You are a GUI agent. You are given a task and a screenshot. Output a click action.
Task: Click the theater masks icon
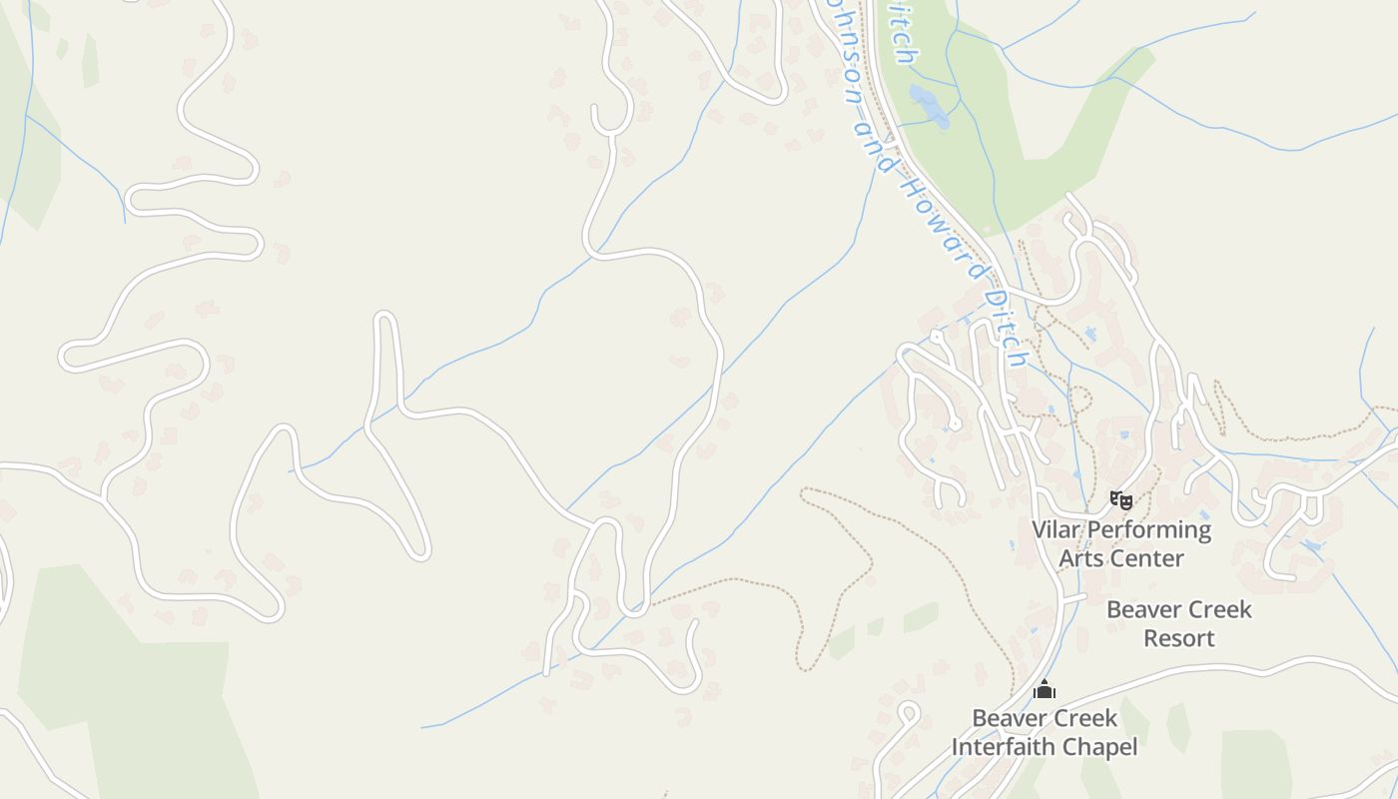pos(1121,499)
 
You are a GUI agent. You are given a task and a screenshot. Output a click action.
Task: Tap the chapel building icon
pos(1045,689)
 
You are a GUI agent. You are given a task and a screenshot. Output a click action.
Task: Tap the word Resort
pos(1179,638)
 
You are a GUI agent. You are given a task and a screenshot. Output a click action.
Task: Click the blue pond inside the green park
pos(930,106)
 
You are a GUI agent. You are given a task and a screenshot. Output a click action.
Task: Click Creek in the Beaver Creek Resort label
pos(1220,609)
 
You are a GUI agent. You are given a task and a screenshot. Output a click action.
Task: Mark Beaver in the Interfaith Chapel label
pos(1010,718)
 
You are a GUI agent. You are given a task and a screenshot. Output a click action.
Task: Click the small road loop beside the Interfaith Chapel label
pos(908,715)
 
